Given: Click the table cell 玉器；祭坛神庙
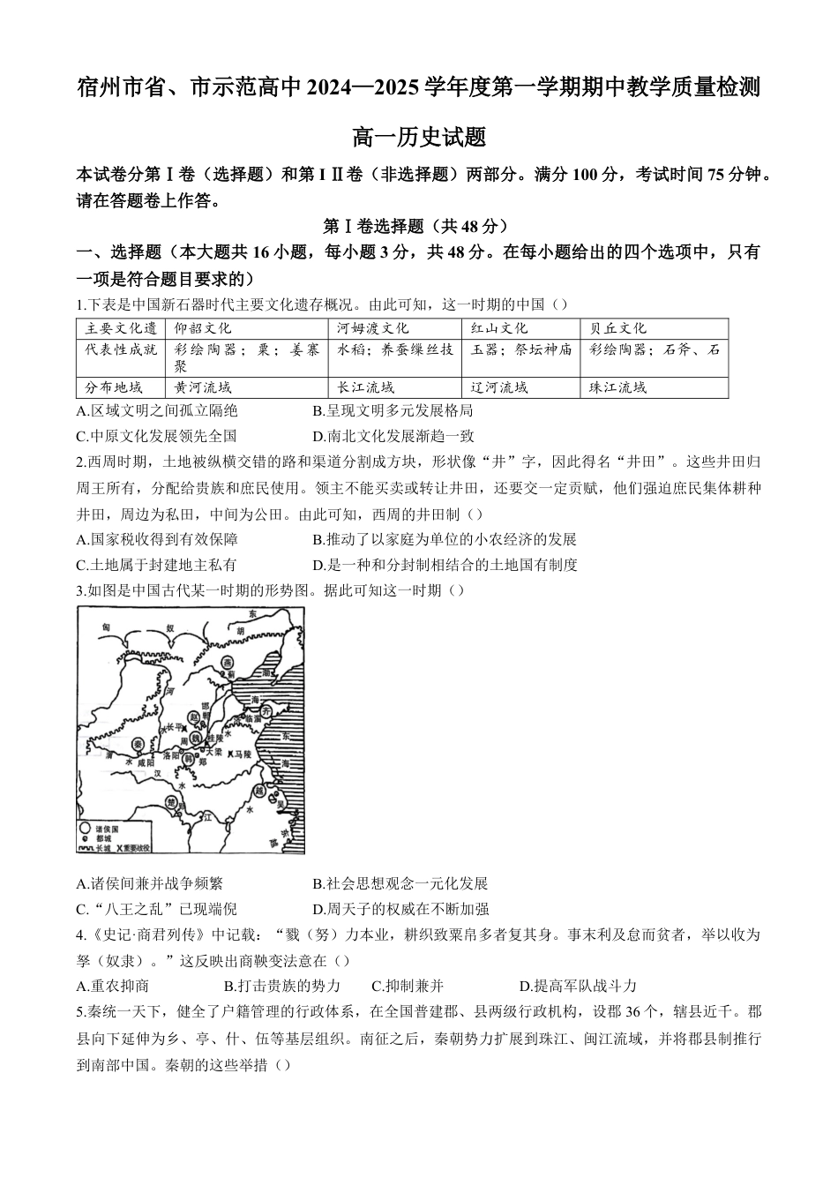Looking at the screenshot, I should pos(521,349).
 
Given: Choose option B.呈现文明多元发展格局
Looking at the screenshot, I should pos(393,410).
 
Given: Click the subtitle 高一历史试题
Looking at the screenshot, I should pos(419,138).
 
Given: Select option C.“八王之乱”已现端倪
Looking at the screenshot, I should pos(157,909).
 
